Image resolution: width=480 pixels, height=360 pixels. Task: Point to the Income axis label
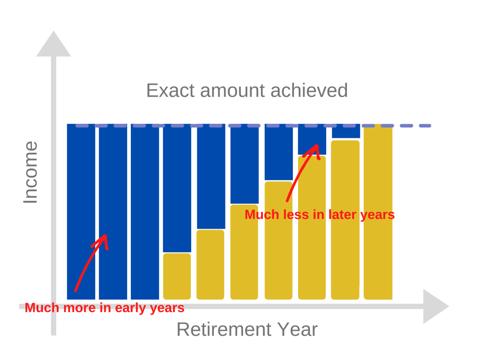click(x=30, y=172)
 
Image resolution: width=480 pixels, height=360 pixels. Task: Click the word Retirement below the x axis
click(x=224, y=330)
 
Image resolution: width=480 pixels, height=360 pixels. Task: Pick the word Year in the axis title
click(x=298, y=330)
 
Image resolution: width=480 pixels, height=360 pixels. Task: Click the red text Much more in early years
click(x=105, y=308)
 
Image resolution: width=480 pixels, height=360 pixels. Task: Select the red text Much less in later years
click(x=320, y=215)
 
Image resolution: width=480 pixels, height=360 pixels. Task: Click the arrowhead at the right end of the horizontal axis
click(x=436, y=306)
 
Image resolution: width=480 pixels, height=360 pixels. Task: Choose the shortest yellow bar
click(x=177, y=277)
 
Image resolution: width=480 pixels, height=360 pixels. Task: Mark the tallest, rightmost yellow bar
click(x=378, y=212)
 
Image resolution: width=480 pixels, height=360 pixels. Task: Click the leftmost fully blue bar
click(x=81, y=211)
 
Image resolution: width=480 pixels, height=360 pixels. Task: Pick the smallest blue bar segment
click(x=346, y=131)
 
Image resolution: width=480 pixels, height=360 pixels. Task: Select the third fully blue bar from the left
click(x=145, y=211)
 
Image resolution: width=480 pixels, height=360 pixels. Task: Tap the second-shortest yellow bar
click(x=210, y=265)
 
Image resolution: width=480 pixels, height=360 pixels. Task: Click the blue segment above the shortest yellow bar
click(x=177, y=188)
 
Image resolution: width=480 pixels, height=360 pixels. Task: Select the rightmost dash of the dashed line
click(x=425, y=126)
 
